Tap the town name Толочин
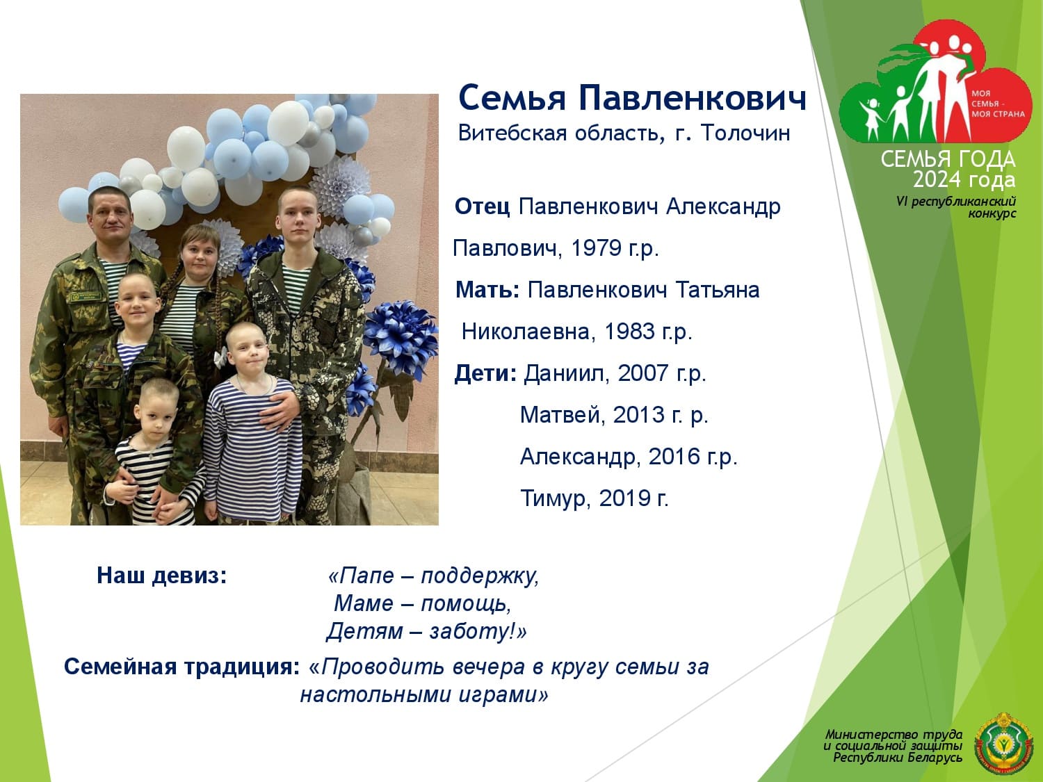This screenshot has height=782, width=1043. (745, 133)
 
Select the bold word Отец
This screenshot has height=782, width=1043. (483, 206)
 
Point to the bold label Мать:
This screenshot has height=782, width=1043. (487, 290)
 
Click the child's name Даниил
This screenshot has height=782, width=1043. (567, 373)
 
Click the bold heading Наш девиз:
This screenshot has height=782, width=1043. (162, 576)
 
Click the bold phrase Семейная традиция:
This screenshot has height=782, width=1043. (182, 667)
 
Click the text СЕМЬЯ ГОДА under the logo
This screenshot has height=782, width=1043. (948, 159)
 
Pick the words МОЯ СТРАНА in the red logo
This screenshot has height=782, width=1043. (998, 114)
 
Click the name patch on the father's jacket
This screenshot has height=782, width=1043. (86, 298)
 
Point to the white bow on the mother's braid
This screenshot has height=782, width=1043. (220, 357)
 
